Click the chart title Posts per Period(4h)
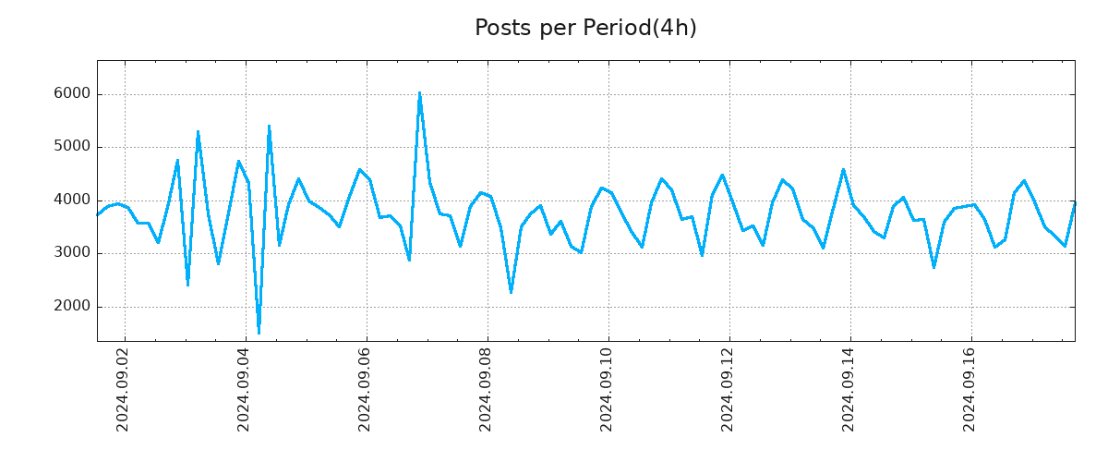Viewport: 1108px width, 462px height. pos(585,29)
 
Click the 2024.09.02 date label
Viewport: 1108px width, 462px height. pos(123,389)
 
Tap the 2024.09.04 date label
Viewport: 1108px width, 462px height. pos(244,389)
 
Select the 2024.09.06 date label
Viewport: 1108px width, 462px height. pos(365,389)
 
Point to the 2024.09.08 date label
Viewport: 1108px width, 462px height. pos(486,389)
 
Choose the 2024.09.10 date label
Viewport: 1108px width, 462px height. pos(607,389)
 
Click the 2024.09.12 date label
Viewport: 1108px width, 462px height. pos(728,389)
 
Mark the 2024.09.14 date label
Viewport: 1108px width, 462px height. pos(849,389)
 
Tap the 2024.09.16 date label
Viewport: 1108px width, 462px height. pos(969,389)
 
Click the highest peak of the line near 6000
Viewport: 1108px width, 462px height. pos(419,92)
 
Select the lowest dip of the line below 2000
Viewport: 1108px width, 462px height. pos(259,333)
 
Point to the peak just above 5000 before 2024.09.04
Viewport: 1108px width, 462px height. pos(198,131)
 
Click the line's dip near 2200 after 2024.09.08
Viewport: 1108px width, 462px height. pos(511,293)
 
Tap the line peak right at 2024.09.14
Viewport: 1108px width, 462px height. pos(843,169)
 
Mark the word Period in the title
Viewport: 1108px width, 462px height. pos(617,29)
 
